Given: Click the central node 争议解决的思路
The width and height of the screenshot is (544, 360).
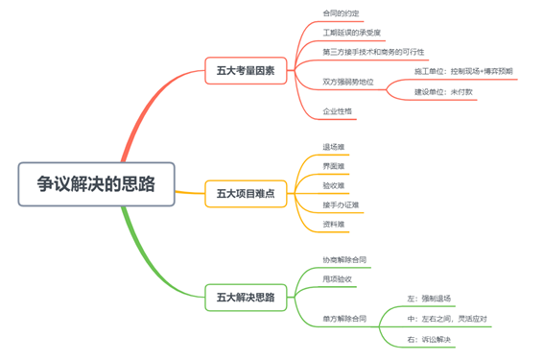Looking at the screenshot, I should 96,183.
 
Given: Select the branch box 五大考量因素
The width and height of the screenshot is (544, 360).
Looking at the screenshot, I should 245,70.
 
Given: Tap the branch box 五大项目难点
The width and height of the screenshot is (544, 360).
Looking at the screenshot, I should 245,194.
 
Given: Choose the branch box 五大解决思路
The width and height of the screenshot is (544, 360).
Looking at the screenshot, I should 245,298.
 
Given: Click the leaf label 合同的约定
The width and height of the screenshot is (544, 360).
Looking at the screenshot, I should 343,12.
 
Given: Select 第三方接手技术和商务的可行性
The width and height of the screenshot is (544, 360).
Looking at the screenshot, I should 373,51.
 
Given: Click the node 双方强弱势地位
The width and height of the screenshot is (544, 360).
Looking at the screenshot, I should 348,82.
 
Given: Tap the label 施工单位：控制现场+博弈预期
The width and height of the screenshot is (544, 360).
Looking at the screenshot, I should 462,71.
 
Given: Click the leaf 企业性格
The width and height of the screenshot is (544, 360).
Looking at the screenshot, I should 338,111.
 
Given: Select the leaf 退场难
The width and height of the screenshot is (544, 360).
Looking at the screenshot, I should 334,148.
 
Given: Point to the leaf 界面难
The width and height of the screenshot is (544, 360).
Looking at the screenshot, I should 334,167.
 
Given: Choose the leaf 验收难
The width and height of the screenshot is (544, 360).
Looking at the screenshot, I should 334,185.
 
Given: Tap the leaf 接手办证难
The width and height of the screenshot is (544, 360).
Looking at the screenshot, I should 341,204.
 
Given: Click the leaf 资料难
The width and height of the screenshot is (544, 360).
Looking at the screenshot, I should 334,224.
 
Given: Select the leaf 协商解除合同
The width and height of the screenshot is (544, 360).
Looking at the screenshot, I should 343,259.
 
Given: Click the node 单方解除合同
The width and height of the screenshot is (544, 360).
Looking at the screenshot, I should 343,318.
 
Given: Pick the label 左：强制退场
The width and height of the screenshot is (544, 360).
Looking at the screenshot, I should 429,298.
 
